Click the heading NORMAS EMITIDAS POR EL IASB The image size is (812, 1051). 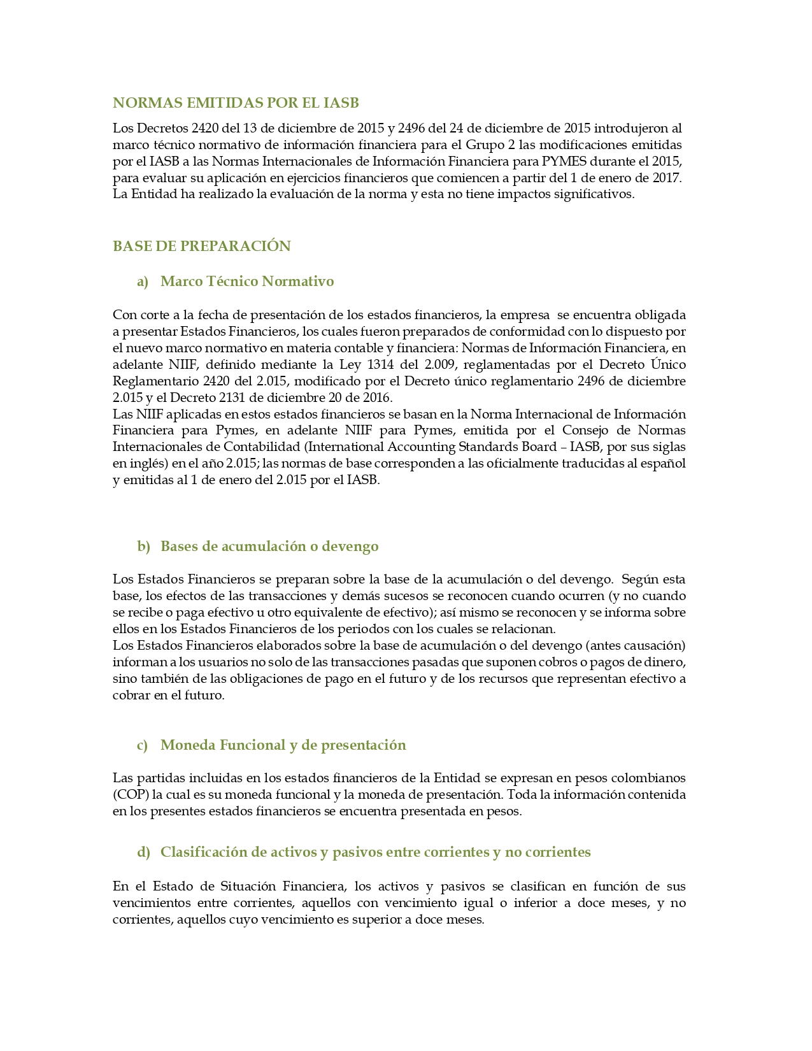pos(236,103)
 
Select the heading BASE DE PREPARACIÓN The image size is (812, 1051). pos(201,246)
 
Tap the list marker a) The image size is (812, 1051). pos(142,282)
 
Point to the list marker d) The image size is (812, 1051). pos(143,852)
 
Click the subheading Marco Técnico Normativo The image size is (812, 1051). pos(247,282)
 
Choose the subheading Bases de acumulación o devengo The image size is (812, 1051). pos(269,547)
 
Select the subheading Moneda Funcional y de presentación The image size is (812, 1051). pos(283,745)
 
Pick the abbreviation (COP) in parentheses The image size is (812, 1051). pos(130,795)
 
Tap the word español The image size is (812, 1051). pos(663,464)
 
